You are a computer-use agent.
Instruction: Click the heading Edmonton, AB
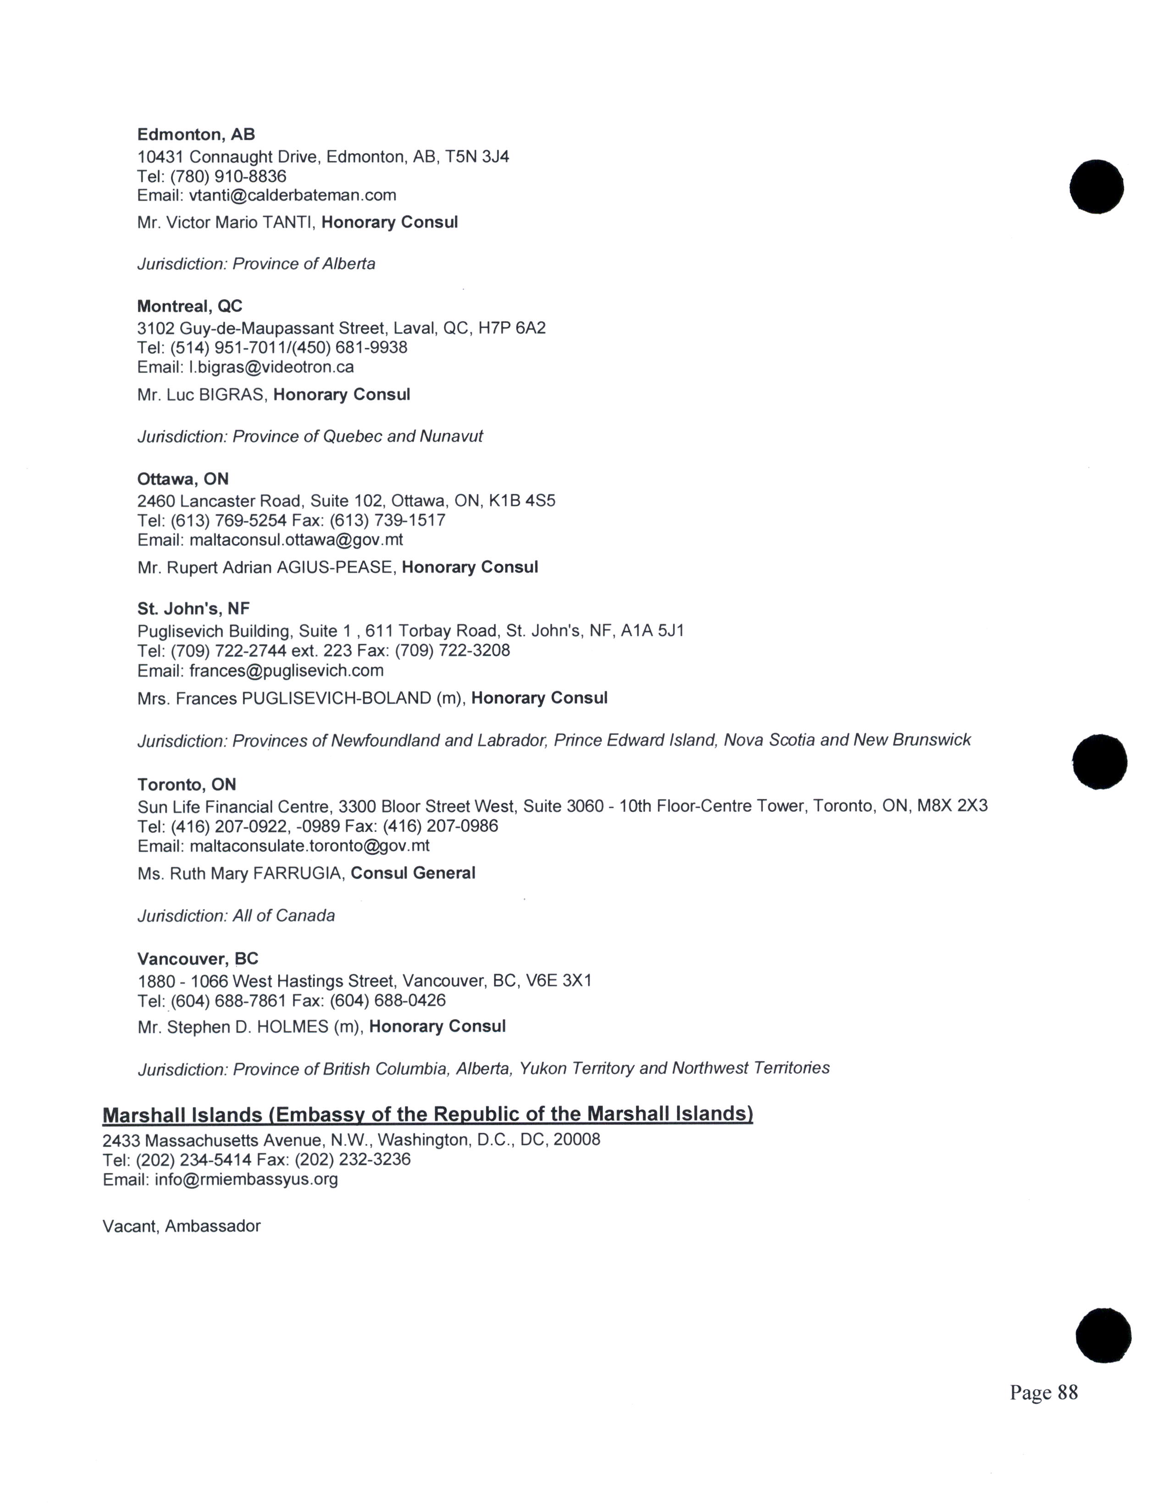point(196,134)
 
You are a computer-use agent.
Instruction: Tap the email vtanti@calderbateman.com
point(292,195)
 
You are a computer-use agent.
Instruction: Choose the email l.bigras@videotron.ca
point(271,367)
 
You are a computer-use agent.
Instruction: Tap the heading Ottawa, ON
point(183,479)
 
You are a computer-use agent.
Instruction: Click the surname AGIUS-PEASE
point(335,568)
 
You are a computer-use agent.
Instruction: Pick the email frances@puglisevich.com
point(286,671)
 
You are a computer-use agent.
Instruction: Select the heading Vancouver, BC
point(198,959)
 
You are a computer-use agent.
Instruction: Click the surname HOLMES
point(292,1027)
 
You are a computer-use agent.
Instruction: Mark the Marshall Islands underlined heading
point(427,1114)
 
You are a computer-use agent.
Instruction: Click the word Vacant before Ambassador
point(131,1226)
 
